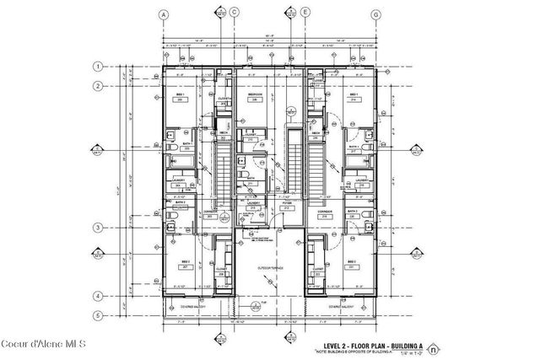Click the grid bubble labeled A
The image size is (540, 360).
tap(162, 11)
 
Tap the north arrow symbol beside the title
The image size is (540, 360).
tap(433, 347)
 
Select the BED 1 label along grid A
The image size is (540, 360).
tap(180, 94)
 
